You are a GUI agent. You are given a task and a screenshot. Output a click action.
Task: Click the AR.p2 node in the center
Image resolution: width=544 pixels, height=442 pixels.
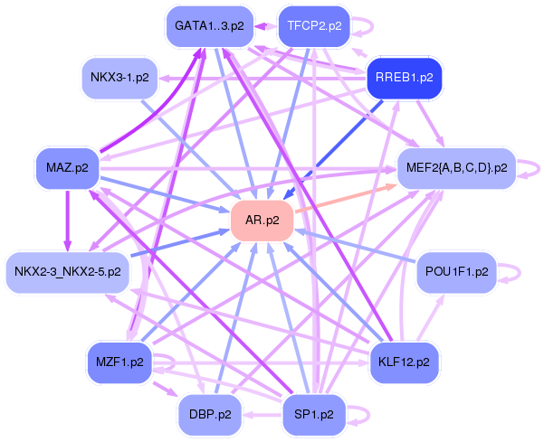(262, 221)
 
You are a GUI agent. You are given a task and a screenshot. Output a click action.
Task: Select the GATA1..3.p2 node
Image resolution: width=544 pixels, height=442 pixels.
(210, 26)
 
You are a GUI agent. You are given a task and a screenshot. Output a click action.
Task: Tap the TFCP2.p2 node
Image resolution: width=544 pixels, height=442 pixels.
(314, 26)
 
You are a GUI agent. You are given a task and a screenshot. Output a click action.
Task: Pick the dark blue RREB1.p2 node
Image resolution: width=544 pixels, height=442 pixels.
(405, 78)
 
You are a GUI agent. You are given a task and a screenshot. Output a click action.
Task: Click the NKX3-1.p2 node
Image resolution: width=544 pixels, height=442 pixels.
(119, 78)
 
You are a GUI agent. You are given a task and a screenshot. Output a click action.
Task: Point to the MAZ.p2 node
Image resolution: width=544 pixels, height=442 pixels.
(67, 168)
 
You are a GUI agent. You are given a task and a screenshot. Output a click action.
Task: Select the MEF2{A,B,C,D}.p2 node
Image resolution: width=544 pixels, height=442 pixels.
(456, 168)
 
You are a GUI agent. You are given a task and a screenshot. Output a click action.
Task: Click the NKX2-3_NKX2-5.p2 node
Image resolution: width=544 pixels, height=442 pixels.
(68, 272)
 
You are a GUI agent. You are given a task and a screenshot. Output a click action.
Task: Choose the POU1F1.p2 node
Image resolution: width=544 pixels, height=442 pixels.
(456, 272)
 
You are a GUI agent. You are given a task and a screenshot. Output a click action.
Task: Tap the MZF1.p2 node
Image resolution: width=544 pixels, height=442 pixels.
(119, 362)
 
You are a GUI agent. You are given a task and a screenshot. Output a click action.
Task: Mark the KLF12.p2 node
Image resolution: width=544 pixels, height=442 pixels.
(405, 362)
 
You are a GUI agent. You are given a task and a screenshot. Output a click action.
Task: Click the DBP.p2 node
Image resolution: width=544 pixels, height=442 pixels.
(210, 415)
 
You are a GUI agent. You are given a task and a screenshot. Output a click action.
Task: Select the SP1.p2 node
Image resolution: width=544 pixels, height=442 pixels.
(314, 415)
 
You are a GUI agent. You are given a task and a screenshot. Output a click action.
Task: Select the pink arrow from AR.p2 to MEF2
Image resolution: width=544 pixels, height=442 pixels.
(346, 199)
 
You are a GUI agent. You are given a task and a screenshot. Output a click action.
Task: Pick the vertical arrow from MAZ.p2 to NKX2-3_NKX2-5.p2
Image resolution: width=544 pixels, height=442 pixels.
(67, 221)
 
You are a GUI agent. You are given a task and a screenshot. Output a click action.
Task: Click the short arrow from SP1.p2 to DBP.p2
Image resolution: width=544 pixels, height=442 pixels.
(262, 415)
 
